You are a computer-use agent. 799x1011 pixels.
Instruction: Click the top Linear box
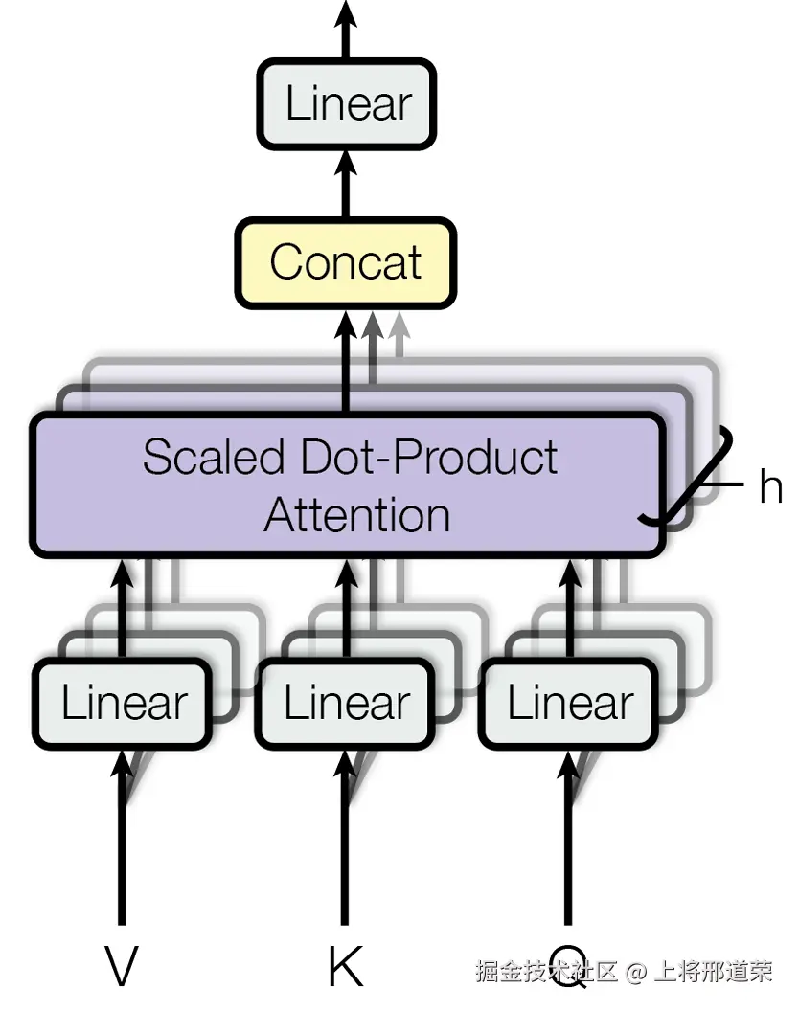(347, 104)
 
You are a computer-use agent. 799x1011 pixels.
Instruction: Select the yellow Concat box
(346, 263)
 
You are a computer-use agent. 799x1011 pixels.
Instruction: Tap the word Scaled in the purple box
(214, 457)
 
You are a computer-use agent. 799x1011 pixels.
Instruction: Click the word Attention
(357, 515)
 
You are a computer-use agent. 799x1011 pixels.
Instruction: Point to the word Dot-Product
(429, 457)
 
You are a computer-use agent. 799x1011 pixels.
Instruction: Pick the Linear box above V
(123, 704)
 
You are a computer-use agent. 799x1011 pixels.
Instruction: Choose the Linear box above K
(345, 704)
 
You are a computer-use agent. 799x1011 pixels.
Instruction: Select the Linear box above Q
(569, 704)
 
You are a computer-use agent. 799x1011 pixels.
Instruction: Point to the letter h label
(771, 486)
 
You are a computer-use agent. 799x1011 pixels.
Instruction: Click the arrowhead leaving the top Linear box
(346, 12)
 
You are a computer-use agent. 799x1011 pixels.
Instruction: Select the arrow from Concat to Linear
(346, 184)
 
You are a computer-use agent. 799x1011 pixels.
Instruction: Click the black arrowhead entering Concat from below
(346, 325)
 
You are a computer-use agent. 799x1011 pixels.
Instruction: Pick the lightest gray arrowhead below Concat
(400, 325)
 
